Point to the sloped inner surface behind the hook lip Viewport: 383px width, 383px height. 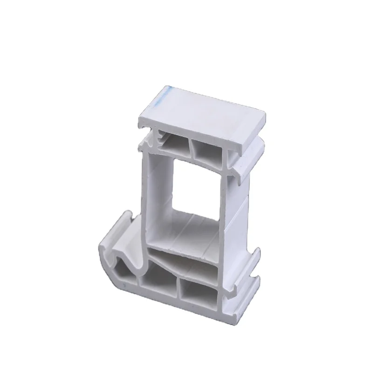(135, 242)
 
